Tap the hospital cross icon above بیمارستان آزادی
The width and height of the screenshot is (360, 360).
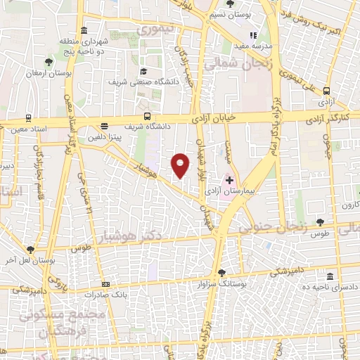click(229, 180)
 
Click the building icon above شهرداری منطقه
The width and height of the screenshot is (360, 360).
click(84, 30)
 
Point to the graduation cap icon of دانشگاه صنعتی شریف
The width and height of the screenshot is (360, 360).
click(143, 71)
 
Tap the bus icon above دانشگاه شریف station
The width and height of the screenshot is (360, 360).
click(147, 116)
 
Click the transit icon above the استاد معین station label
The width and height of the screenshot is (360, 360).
click(27, 118)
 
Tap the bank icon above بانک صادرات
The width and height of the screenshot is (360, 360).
click(105, 284)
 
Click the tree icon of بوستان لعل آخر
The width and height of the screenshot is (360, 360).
click(30, 250)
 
